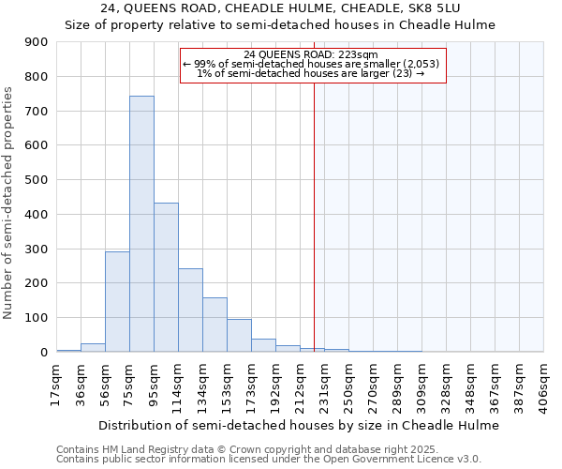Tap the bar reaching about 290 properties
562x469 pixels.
pos(117,301)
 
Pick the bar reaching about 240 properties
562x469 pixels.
pos(190,310)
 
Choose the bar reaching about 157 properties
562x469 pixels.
pos(214,324)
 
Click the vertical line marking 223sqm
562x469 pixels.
pos(314,216)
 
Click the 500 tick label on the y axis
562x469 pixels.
pos(36,180)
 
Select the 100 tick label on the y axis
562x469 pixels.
pos(36,318)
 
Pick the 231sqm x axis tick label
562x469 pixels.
pos(324,384)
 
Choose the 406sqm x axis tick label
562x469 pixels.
pos(543,384)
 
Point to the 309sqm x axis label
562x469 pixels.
pos(421,384)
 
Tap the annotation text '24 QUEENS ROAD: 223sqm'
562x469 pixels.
pos(310,54)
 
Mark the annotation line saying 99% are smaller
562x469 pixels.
pos(310,64)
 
